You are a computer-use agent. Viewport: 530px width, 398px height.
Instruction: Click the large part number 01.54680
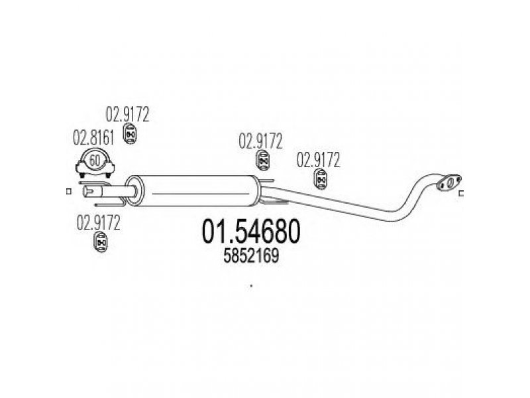[x=251, y=231]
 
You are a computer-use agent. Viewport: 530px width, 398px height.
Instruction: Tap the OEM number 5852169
[x=251, y=256]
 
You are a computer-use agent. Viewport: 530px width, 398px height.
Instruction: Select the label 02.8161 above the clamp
[x=93, y=138]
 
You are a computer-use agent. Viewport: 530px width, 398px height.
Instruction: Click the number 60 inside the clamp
[x=95, y=160]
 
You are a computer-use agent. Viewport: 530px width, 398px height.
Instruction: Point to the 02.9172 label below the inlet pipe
[x=98, y=223]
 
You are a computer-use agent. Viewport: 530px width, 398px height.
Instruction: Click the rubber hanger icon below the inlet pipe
[x=100, y=242]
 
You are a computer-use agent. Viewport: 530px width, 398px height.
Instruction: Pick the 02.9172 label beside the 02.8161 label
[x=127, y=114]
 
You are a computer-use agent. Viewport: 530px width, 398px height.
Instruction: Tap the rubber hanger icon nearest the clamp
[x=129, y=134]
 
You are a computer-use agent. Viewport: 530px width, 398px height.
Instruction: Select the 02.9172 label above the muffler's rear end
[x=260, y=141]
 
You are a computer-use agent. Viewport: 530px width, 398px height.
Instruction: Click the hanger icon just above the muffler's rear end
[x=262, y=161]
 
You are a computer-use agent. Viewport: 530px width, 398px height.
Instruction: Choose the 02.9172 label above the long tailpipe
[x=318, y=160]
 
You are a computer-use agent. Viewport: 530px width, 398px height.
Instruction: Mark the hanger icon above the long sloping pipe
[x=320, y=179]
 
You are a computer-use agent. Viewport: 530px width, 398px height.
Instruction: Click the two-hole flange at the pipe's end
[x=449, y=182]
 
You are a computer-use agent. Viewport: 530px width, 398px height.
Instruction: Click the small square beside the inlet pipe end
[x=69, y=192]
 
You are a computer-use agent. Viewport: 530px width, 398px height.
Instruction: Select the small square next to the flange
[x=460, y=194]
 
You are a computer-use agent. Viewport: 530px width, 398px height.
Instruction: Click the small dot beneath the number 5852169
[x=251, y=286]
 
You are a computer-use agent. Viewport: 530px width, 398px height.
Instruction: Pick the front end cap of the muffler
[x=134, y=191]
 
